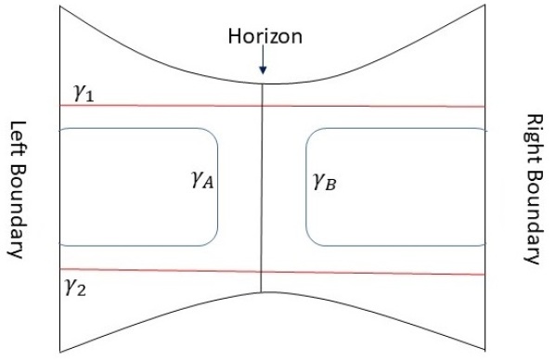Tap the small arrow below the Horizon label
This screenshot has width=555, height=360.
[x=264, y=63]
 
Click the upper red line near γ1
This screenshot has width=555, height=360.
[x=167, y=106]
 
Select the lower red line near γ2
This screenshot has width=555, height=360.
[x=167, y=270]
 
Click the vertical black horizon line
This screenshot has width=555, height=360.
[x=263, y=186]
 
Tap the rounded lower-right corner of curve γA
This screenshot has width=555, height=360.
[x=213, y=240]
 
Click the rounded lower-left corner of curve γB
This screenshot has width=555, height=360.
[x=312, y=240]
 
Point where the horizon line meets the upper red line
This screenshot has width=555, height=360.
[x=263, y=106]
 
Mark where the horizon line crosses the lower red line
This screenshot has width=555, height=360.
[x=263, y=271]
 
